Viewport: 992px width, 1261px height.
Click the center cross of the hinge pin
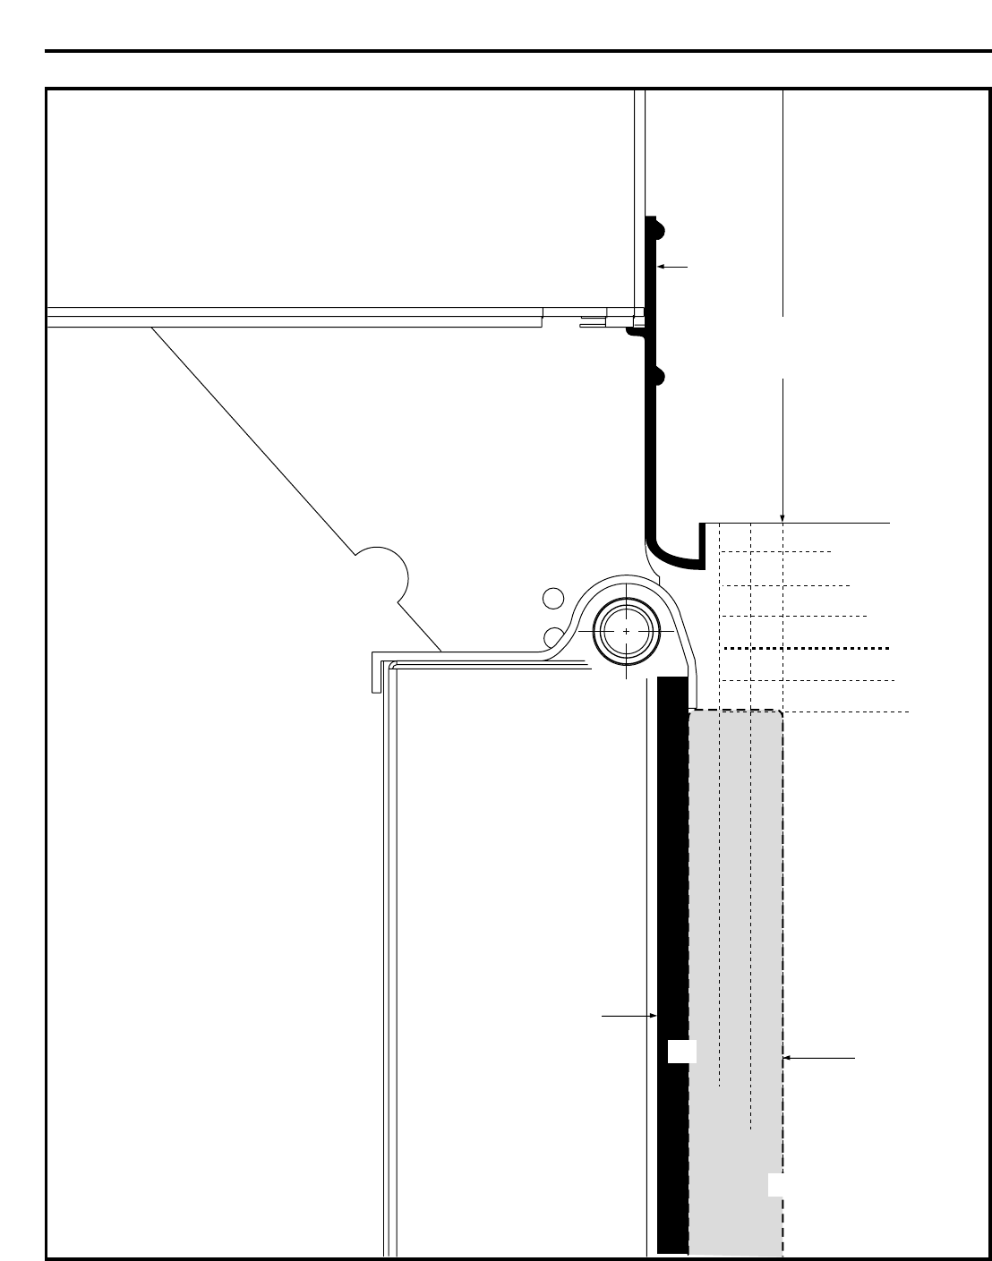[x=625, y=631]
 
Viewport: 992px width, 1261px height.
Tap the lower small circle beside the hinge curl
[x=554, y=636]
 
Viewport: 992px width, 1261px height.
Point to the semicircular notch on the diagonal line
[x=382, y=574]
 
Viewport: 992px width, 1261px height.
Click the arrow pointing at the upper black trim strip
[x=672, y=267]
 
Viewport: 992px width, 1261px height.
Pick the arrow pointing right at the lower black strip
[x=630, y=1016]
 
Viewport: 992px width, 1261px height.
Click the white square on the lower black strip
[x=681, y=1052]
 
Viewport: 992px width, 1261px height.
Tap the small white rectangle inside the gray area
[x=775, y=1184]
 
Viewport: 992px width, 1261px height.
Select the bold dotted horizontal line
[x=806, y=648]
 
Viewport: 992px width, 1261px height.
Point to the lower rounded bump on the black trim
[x=660, y=377]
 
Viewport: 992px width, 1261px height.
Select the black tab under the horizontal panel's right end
[x=632, y=331]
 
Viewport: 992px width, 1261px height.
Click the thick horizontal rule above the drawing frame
[x=518, y=52]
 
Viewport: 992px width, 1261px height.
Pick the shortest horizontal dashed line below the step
[x=775, y=552]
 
